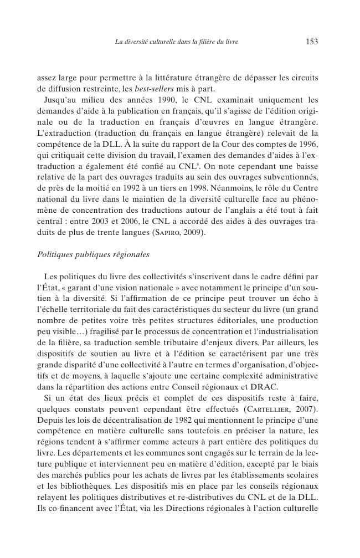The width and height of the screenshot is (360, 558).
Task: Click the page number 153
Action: pos(311,42)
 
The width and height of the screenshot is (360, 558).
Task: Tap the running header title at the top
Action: pos(176,42)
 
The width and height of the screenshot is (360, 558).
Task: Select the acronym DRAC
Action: pos(263,387)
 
